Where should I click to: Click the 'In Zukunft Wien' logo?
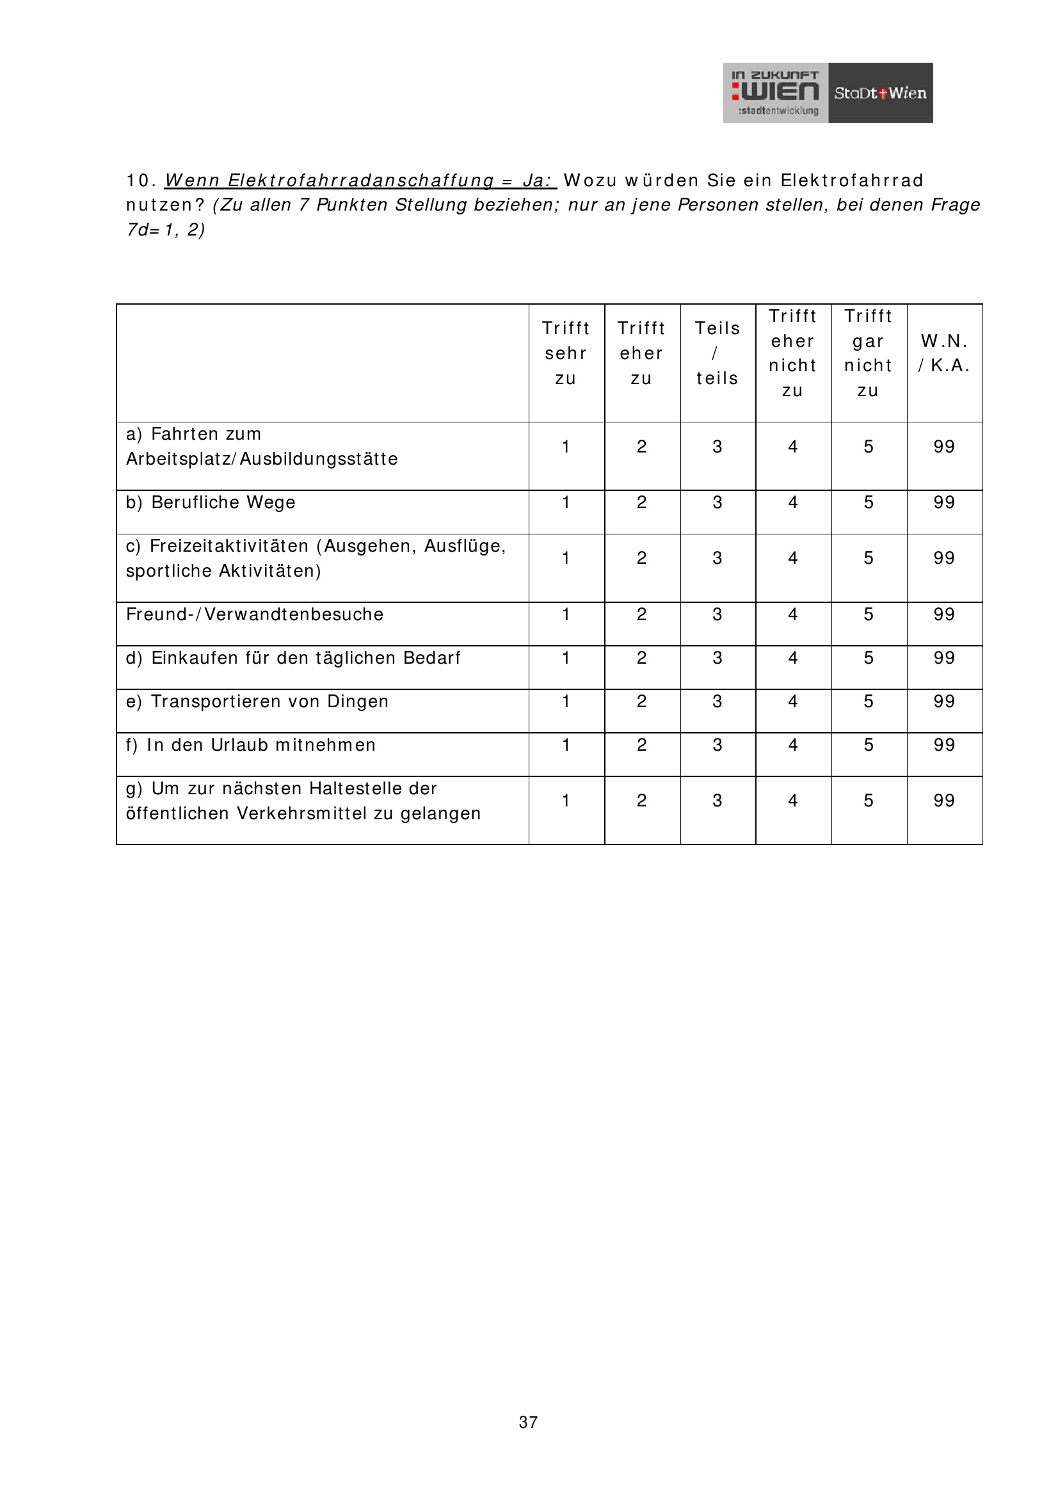pos(775,93)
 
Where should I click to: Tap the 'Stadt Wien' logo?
pos(880,93)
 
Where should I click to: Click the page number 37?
pos(528,1422)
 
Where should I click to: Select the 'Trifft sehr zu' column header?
pos(566,353)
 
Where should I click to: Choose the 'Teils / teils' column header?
pos(717,353)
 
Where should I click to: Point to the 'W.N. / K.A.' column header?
pos(944,353)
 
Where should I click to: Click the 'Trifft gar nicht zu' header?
pos(869,353)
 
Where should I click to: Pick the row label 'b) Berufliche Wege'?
pos(211,502)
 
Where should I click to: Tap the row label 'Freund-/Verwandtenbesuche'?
pos(254,614)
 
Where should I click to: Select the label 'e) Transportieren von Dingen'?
pos(257,701)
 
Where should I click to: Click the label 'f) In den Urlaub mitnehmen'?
pos(250,745)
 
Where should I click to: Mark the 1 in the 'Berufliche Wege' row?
pos(566,502)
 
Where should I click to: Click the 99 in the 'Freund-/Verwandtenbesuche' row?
pos(944,614)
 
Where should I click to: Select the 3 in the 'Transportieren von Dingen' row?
pos(717,701)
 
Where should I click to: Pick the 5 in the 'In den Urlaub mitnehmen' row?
pos(869,745)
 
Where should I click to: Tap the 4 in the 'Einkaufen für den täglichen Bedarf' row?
pos(792,658)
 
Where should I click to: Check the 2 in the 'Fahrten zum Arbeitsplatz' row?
pos(641,447)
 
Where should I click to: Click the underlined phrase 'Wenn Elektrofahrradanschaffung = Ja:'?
pos(360,180)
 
